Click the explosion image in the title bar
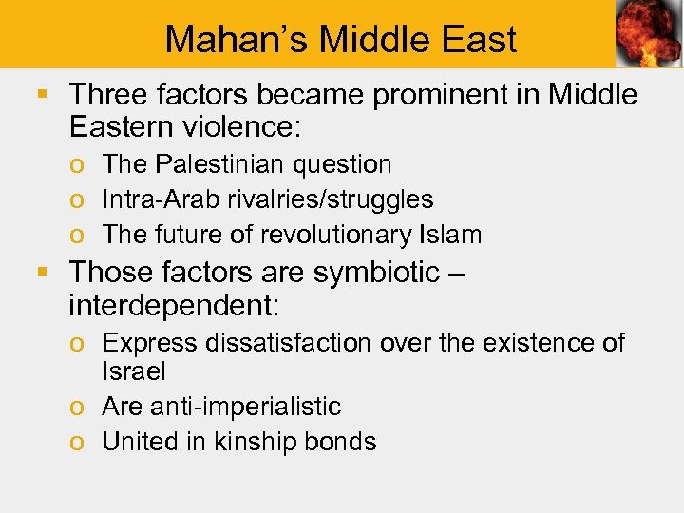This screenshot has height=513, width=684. point(648,35)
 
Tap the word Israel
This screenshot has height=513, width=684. point(133,371)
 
